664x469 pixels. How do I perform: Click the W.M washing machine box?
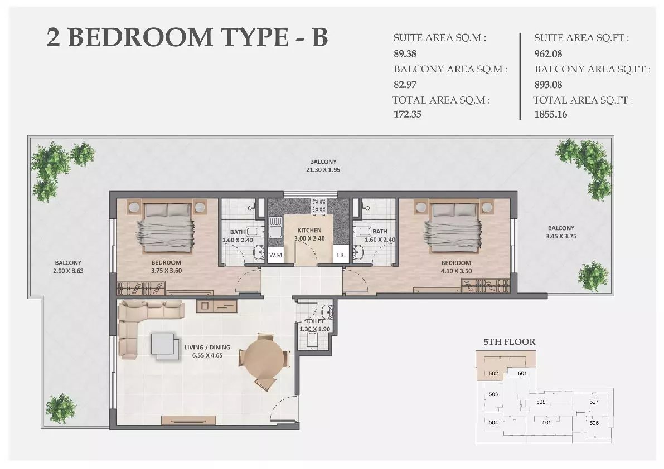[x=275, y=255]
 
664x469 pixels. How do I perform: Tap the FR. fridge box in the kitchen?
[x=341, y=254]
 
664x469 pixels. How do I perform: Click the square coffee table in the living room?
[x=163, y=346]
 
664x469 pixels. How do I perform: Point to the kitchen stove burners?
[x=318, y=206]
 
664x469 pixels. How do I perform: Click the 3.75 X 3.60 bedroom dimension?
[x=166, y=271]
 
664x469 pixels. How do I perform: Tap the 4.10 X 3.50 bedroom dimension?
[x=456, y=271]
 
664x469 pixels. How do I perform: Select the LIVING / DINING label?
[x=207, y=347]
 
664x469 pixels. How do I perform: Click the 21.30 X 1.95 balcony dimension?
[x=323, y=169]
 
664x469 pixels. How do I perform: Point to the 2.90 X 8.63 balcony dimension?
[x=68, y=271]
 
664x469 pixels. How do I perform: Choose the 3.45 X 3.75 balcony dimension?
[x=561, y=236]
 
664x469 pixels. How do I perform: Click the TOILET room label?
[x=314, y=321]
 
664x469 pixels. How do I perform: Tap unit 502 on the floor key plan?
[x=493, y=373]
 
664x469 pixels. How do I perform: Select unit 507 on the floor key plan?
[x=594, y=402]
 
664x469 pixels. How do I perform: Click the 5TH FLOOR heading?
[x=510, y=341]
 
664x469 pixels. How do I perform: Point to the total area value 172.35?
[x=408, y=114]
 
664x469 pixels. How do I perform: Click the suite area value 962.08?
[x=548, y=53]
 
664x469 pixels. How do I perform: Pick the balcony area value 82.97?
[x=405, y=85]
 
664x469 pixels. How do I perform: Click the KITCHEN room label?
[x=309, y=231]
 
